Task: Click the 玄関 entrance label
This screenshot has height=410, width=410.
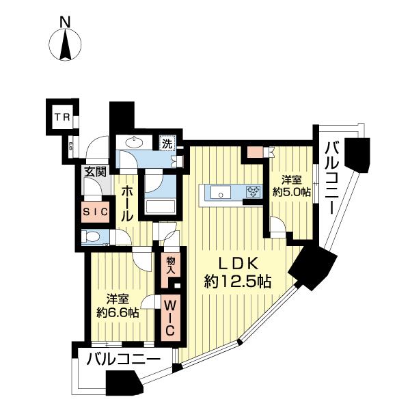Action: click(95, 172)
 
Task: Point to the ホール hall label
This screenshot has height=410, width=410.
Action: click(126, 203)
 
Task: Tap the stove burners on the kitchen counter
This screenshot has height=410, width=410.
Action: click(253, 192)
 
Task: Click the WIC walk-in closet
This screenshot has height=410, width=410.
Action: click(170, 316)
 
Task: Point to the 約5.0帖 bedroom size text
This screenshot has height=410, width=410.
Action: click(292, 192)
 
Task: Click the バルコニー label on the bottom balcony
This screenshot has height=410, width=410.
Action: click(124, 360)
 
